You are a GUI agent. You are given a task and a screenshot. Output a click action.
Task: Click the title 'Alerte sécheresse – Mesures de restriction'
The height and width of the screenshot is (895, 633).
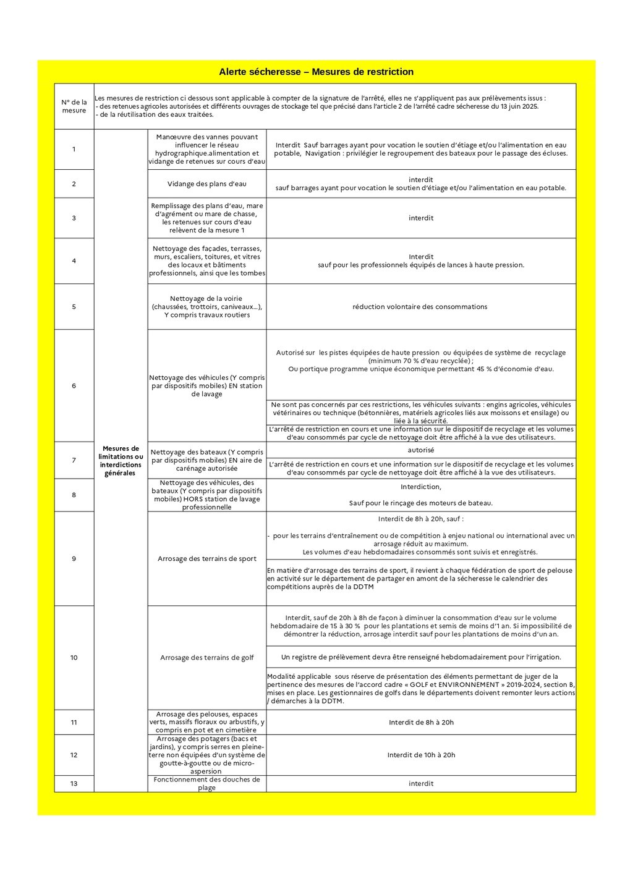point(316,72)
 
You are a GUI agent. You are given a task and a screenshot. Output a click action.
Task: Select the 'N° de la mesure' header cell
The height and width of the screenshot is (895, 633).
point(74,106)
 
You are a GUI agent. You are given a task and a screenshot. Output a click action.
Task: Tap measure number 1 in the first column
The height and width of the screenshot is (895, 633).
point(74,149)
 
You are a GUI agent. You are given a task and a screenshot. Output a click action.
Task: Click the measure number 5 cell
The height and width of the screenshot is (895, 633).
point(74,306)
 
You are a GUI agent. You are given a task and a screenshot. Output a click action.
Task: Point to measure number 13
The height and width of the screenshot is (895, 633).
point(74,783)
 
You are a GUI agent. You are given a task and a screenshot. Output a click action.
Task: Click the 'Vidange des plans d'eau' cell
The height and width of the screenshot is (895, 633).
point(207,183)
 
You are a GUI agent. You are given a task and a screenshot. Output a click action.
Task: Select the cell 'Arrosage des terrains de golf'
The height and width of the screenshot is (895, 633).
point(207,657)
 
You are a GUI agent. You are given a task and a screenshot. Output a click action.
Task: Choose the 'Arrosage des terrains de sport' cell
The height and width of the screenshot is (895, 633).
point(207,558)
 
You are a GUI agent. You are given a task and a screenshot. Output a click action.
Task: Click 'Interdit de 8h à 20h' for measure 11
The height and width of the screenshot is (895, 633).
point(421,722)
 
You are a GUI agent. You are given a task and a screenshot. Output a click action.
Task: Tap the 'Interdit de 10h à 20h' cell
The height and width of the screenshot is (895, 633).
point(421,755)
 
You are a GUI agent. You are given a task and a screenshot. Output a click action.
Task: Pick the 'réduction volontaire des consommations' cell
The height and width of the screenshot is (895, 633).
point(420,306)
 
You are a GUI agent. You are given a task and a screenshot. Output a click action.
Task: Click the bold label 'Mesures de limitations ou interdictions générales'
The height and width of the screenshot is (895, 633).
point(121,461)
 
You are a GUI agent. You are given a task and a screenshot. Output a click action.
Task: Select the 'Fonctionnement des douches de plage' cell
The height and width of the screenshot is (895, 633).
point(207,783)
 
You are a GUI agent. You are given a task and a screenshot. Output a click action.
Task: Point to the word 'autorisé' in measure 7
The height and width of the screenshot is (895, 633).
point(421,450)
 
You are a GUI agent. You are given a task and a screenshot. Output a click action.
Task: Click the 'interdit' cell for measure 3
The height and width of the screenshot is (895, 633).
point(421,217)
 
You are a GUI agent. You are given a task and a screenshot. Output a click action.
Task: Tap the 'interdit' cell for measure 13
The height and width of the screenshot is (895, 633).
point(421,783)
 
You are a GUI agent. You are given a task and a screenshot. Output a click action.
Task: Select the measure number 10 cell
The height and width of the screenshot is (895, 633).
point(74,657)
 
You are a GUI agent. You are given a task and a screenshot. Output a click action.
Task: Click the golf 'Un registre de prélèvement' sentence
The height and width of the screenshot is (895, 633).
point(421,657)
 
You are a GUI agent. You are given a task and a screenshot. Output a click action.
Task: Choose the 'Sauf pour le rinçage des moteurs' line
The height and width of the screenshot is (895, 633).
point(421,503)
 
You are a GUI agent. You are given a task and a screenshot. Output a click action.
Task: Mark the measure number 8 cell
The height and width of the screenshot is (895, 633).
point(74,495)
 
